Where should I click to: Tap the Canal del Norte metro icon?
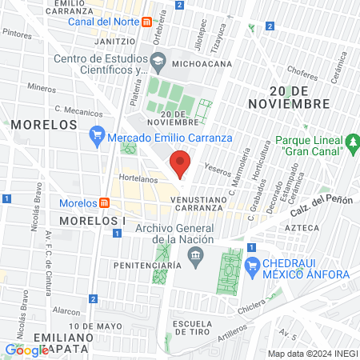[146, 22]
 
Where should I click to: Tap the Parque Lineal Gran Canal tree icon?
[352, 146]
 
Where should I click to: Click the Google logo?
[26, 350]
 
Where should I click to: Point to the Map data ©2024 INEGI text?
[311, 353]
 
